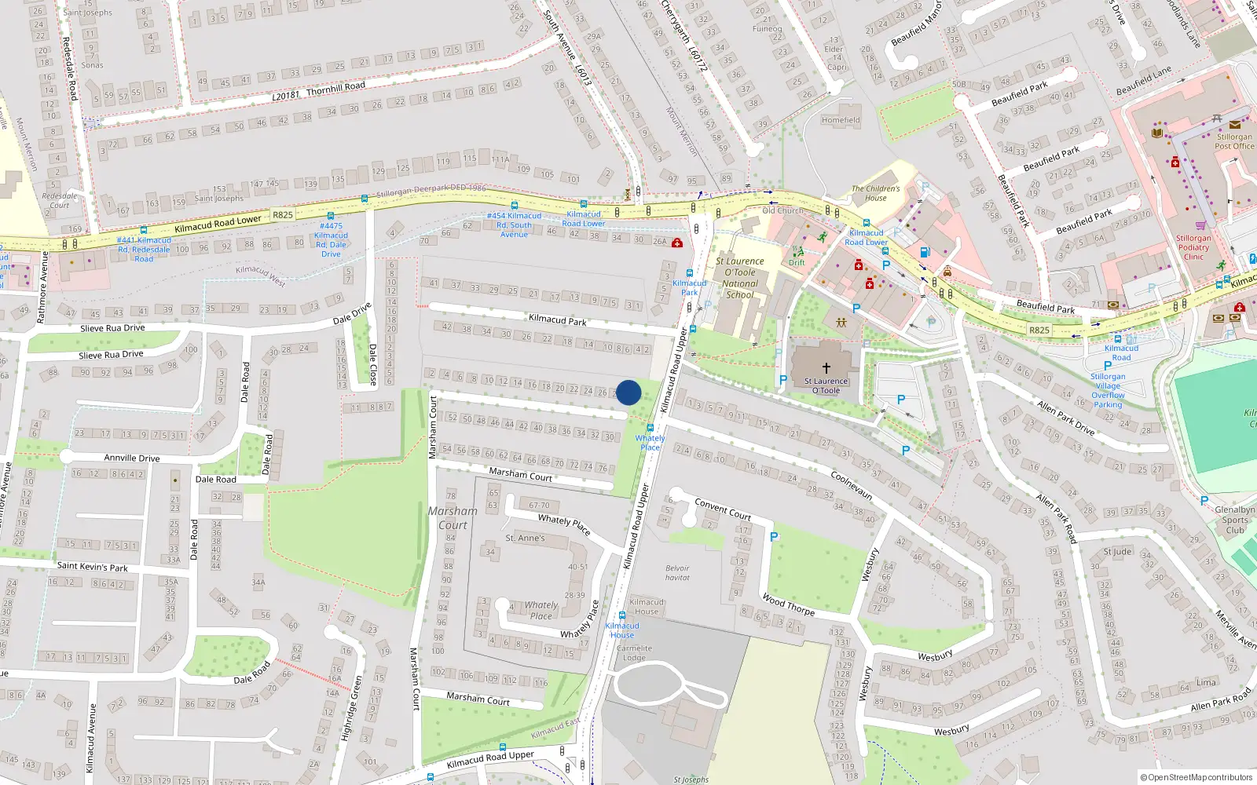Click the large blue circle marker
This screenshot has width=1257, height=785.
click(628, 392)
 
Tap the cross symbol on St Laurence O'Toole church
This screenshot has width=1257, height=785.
click(826, 367)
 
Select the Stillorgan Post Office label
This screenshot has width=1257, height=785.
click(1234, 141)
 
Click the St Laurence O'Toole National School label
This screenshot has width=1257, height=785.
click(739, 278)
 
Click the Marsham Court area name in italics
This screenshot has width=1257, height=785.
click(453, 518)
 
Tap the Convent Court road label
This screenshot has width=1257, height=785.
click(723, 509)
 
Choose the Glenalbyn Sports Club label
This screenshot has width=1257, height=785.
click(1234, 520)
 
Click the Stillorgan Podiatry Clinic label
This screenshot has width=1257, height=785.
click(1193, 247)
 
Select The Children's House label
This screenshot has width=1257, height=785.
click(876, 193)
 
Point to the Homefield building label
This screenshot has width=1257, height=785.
click(841, 120)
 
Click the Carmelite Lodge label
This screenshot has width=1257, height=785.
click(634, 653)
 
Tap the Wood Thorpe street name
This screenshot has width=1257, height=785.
click(788, 604)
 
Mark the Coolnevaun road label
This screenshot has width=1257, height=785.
click(852, 485)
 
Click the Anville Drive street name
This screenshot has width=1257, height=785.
click(132, 458)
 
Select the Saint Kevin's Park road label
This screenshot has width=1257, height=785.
click(92, 566)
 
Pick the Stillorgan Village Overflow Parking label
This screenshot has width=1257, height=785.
click(1108, 390)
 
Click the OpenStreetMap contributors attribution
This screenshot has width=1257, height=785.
click(1196, 777)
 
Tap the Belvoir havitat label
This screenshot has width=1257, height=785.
click(677, 573)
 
